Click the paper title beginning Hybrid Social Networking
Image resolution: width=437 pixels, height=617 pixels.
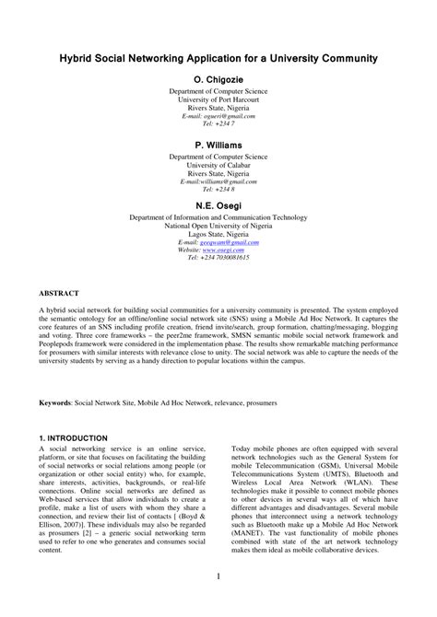tap(218, 57)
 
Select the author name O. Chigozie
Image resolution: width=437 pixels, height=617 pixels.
tap(218, 80)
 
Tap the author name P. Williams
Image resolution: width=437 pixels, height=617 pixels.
tap(218, 146)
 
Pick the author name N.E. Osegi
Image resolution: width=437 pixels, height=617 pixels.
tap(218, 204)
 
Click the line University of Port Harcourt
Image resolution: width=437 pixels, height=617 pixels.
tap(218, 99)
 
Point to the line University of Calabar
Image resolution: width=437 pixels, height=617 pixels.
tap(218, 165)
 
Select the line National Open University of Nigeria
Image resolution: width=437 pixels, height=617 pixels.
tap(218, 226)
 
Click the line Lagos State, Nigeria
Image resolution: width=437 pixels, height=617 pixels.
tap(218, 234)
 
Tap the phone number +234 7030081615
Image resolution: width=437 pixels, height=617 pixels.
tap(226, 258)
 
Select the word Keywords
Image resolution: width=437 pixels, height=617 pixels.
tap(54, 403)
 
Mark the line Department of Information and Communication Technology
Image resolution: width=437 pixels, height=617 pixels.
tap(218, 217)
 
